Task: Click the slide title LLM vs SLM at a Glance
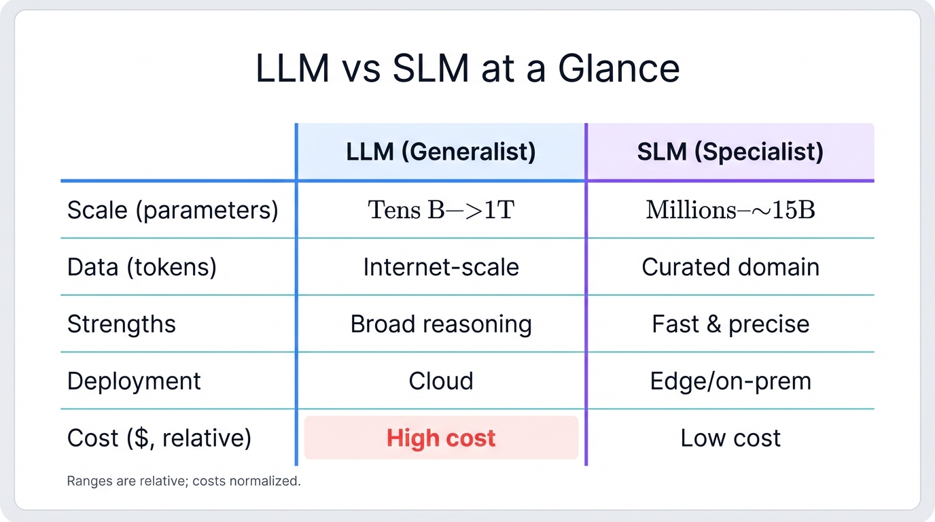tap(467, 69)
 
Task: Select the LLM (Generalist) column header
tap(441, 152)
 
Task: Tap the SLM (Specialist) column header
tap(730, 152)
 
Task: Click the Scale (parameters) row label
tap(173, 210)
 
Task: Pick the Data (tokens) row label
tap(142, 267)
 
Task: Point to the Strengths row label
tap(122, 324)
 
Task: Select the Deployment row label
tap(134, 381)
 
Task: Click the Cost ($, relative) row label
tap(159, 438)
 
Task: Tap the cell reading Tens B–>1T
tap(441, 210)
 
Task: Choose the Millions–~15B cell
tap(730, 210)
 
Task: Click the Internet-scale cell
tap(441, 267)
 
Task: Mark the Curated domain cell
tap(730, 267)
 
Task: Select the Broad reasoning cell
tap(441, 324)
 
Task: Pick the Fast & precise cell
tap(730, 324)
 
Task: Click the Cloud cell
tap(441, 381)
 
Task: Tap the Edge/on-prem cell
tap(730, 381)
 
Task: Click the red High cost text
tap(441, 438)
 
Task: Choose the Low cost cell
tap(730, 438)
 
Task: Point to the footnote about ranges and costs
tap(183, 481)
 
